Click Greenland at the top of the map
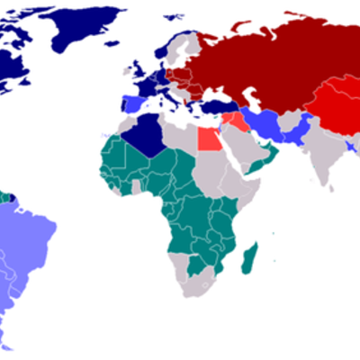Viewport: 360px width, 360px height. [85, 31]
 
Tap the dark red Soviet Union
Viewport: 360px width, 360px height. [270, 63]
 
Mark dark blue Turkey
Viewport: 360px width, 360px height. [213, 106]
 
